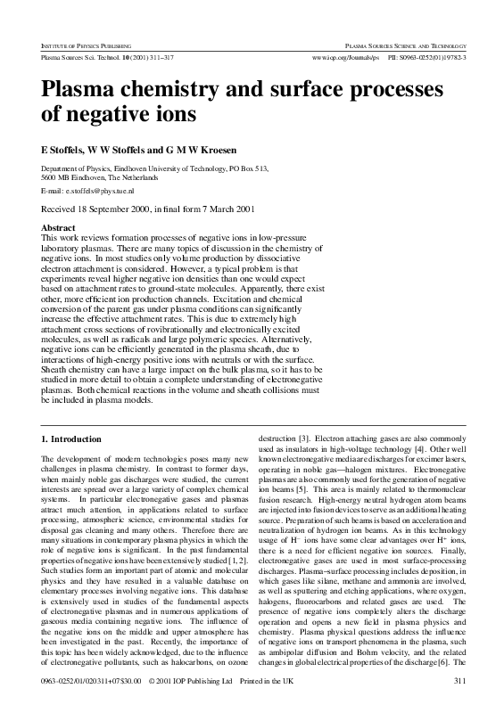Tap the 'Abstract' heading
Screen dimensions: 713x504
60,228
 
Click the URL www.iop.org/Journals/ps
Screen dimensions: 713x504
344,56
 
